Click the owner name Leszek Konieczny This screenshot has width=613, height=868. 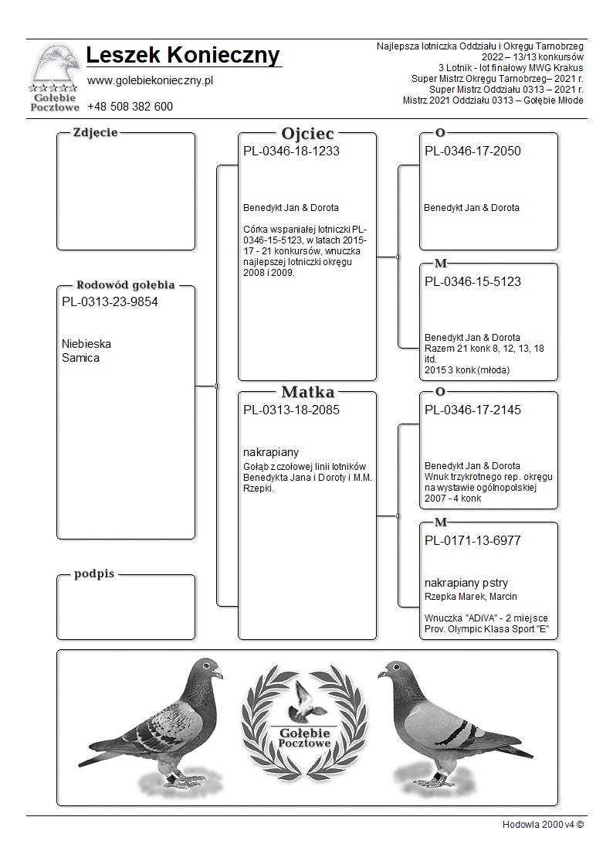point(183,56)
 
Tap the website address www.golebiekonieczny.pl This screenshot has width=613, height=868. point(150,80)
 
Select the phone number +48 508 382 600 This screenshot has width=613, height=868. point(130,107)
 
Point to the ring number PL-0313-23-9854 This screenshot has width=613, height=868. point(110,302)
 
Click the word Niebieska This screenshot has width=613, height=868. point(86,344)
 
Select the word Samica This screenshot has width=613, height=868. point(80,358)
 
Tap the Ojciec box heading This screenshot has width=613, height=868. point(307,134)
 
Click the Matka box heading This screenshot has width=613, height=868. point(307,392)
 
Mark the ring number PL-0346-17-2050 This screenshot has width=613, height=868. point(472,151)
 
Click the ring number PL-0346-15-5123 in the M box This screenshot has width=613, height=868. point(472,282)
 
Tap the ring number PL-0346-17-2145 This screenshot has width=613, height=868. point(472,410)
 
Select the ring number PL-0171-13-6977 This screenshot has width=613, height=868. point(472,541)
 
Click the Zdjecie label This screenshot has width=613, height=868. point(95,132)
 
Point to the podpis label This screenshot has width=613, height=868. point(94,574)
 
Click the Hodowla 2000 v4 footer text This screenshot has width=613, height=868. point(543,824)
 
